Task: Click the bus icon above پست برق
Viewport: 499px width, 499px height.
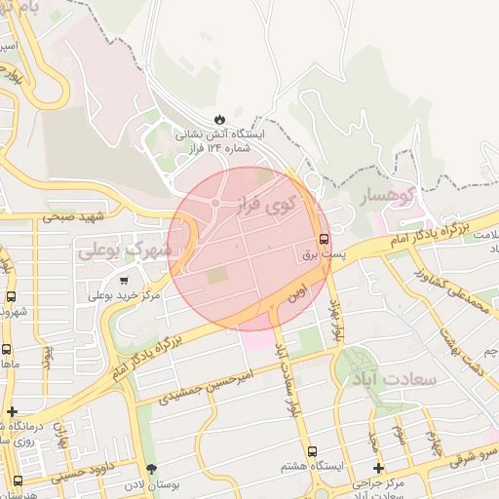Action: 324,239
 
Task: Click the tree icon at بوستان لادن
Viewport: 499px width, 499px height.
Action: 150,471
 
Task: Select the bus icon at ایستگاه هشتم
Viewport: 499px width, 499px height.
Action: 311,451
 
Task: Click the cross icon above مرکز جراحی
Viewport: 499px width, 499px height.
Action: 379,469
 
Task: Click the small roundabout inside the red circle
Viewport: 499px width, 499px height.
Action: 214,203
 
